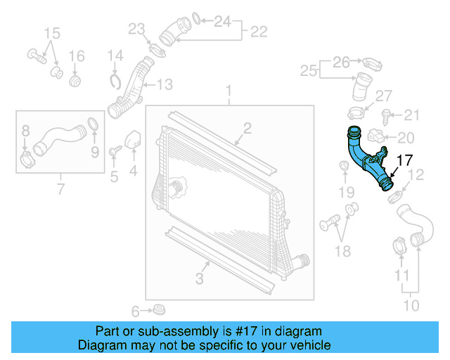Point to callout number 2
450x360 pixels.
[247, 127]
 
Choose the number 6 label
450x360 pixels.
[136, 311]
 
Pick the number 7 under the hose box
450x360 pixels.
[60, 188]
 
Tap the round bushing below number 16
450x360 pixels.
[77, 82]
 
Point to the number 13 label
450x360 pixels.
[164, 85]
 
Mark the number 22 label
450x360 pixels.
[259, 31]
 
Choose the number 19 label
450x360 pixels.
[345, 191]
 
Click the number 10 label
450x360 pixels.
[411, 304]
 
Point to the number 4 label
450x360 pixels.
[133, 170]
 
